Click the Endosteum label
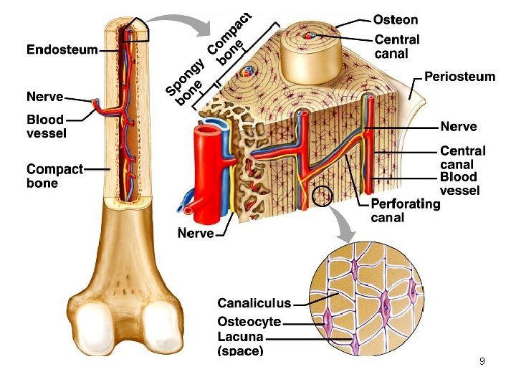62,50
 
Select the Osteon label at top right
395,20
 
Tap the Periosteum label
459,76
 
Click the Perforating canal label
406,211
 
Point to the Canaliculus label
254,303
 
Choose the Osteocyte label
249,322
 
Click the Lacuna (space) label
241,343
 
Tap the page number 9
482,361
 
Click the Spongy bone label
188,82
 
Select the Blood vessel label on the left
46,126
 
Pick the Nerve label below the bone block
195,233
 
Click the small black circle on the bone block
323,195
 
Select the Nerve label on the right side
459,127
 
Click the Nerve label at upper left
44,96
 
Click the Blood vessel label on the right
459,183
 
